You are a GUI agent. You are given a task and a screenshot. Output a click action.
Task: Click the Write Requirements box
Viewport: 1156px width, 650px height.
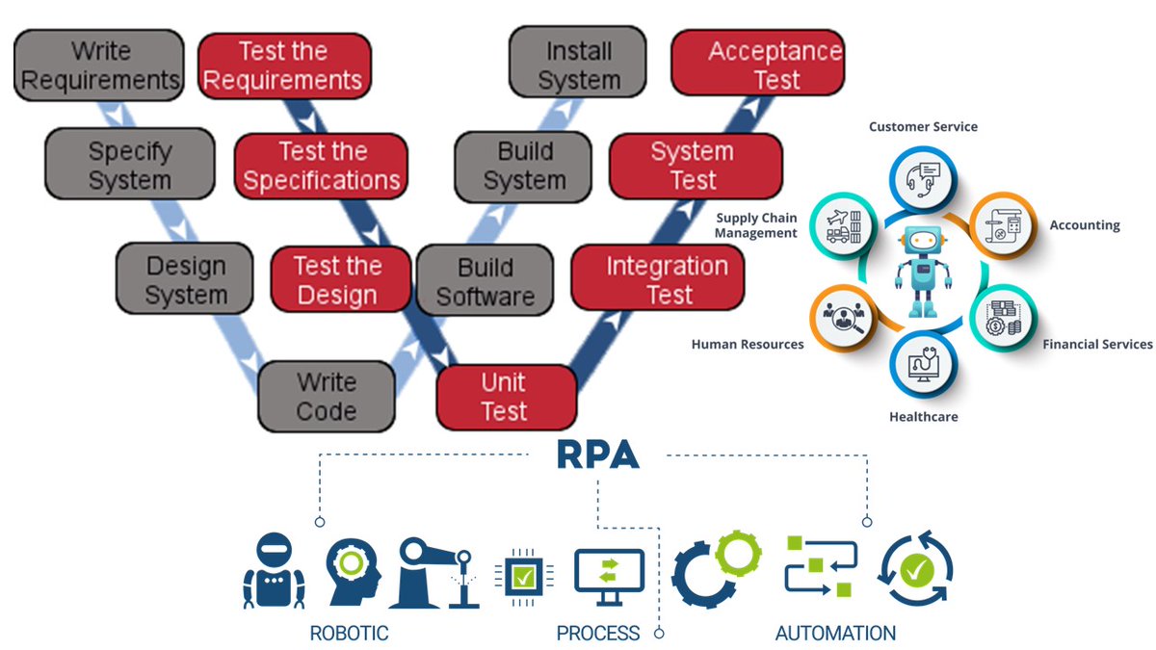click(100, 65)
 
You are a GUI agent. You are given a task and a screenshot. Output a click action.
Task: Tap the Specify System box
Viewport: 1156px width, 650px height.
click(129, 166)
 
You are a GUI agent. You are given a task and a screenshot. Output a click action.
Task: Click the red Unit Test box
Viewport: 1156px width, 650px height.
click(504, 397)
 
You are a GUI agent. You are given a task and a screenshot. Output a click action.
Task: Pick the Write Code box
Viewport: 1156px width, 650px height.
click(327, 397)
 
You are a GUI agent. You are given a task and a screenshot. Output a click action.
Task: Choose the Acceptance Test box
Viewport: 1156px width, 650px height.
click(757, 65)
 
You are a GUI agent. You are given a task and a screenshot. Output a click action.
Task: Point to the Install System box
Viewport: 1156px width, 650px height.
click(578, 65)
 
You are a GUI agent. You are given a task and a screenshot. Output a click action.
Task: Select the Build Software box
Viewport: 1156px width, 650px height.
click(484, 280)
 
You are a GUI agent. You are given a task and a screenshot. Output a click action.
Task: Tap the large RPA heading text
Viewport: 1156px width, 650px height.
click(597, 455)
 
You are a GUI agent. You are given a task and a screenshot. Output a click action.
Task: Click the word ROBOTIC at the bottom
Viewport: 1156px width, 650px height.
click(349, 633)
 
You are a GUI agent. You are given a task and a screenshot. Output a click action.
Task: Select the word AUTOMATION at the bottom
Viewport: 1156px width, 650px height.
click(835, 633)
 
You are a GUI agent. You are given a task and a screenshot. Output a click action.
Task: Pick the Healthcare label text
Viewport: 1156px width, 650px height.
click(923, 416)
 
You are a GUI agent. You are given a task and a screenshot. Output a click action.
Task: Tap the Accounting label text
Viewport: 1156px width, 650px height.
click(1084, 225)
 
